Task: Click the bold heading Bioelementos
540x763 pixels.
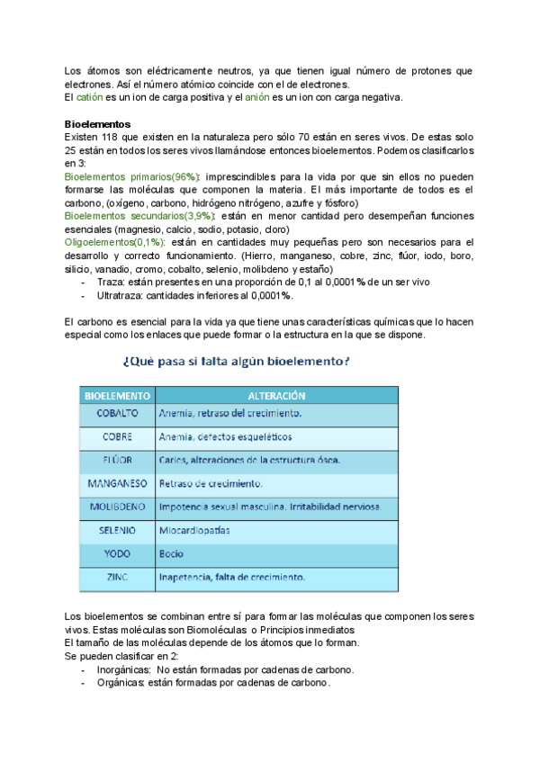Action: tap(99, 123)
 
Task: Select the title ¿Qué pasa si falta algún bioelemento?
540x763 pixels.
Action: tap(236, 362)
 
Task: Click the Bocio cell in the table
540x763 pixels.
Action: tap(172, 553)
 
